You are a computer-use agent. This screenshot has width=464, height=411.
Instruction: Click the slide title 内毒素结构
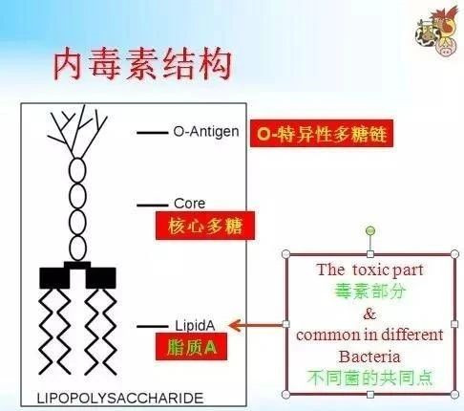(142, 65)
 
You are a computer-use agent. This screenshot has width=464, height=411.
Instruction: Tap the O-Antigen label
(206, 131)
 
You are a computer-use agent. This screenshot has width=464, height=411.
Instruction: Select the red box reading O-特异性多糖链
(322, 134)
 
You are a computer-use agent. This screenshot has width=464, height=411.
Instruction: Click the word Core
(189, 204)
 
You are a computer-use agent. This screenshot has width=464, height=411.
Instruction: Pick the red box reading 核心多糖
(205, 226)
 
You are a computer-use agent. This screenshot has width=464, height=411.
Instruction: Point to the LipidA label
(195, 326)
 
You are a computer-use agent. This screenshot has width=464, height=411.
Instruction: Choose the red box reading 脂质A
(191, 347)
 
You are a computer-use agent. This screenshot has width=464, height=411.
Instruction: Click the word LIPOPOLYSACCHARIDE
(120, 399)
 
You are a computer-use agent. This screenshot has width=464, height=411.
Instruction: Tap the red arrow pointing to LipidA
(256, 325)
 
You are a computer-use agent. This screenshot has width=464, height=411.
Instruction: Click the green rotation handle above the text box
(370, 230)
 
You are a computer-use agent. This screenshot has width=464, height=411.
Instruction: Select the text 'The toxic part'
(369, 270)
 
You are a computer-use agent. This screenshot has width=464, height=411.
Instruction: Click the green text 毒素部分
(369, 291)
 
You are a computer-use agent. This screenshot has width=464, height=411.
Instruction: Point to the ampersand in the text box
(369, 314)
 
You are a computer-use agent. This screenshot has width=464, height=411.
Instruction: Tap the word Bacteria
(369, 357)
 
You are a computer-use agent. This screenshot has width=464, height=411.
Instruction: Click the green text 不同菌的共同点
(370, 378)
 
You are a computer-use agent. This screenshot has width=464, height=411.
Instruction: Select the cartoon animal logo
(437, 31)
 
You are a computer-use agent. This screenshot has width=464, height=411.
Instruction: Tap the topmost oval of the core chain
(77, 170)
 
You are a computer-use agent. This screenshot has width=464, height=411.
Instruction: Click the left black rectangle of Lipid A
(54, 278)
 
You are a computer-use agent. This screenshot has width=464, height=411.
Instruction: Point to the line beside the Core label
(153, 205)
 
